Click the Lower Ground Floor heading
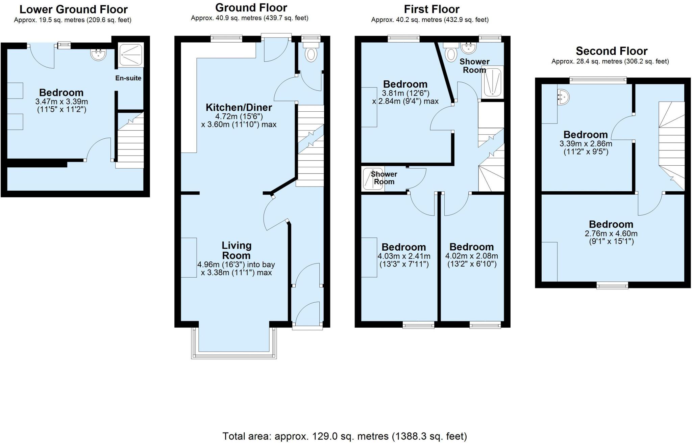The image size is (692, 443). pyautogui.click(x=73, y=9)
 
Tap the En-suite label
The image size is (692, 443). pyautogui.click(x=128, y=78)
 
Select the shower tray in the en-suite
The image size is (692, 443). pyautogui.click(x=131, y=54)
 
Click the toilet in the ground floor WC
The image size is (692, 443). pyautogui.click(x=310, y=54)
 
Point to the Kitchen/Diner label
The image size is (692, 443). pyautogui.click(x=239, y=108)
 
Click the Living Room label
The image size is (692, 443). pyautogui.click(x=236, y=250)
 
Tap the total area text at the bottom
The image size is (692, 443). pyautogui.click(x=345, y=436)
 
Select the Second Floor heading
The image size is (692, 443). pyautogui.click(x=611, y=51)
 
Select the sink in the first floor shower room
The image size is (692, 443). pyautogui.click(x=469, y=48)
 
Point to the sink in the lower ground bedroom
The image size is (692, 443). pyautogui.click(x=99, y=54)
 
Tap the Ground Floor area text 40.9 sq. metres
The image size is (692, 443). pyautogui.click(x=249, y=18)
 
